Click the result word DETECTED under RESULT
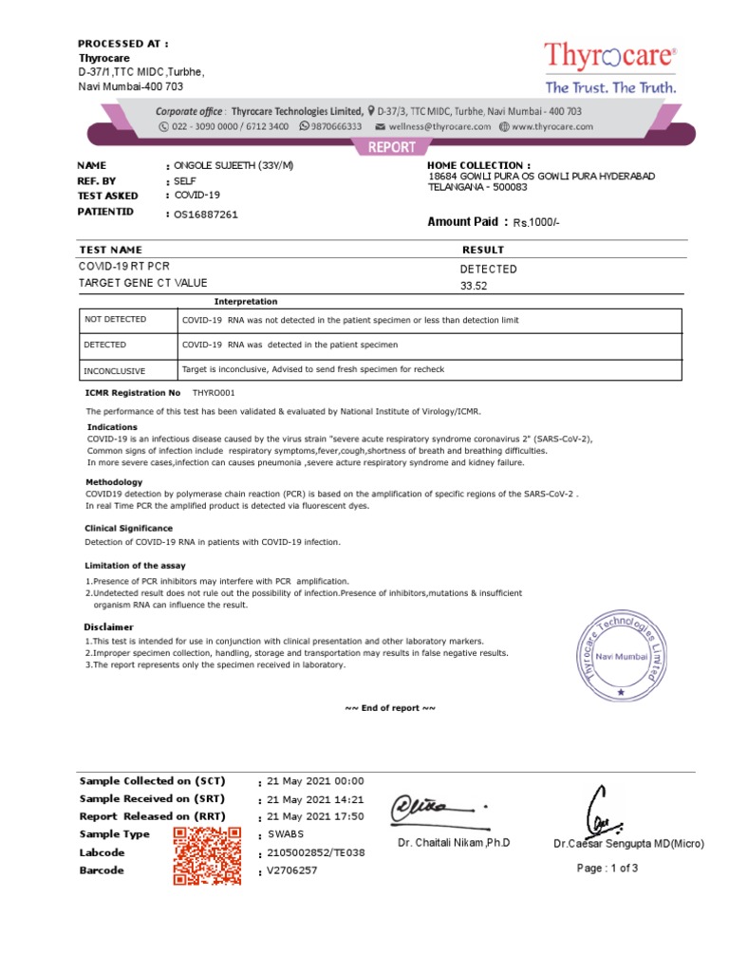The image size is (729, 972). click(488, 269)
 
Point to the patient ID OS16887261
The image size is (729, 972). click(205, 215)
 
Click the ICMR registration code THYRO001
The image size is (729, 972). click(214, 392)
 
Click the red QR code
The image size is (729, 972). click(206, 855)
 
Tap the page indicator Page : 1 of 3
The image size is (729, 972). click(607, 868)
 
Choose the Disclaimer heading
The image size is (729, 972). click(109, 627)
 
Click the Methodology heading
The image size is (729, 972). click(115, 482)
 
